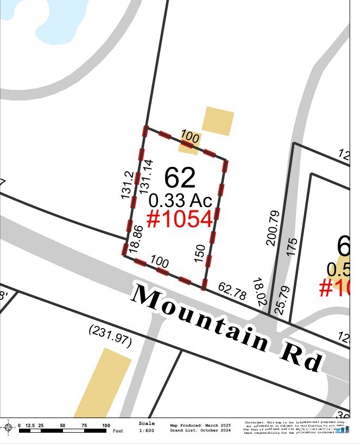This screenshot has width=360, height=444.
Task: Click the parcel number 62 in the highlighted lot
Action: (x=180, y=177)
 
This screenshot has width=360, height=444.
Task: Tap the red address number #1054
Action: (x=179, y=218)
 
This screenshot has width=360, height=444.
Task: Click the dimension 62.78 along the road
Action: (x=232, y=291)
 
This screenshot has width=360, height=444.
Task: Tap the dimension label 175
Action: (x=292, y=247)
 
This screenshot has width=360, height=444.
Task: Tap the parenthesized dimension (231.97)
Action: (x=110, y=334)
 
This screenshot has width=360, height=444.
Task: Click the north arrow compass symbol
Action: (x=8, y=428)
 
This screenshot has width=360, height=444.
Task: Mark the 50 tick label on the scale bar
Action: (x=62, y=426)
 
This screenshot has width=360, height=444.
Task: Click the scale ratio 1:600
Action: (x=146, y=430)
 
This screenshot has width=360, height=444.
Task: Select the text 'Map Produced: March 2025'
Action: (x=200, y=425)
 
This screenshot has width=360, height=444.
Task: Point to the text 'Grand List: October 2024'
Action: (x=200, y=430)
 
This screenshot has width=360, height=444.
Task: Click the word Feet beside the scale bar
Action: (x=117, y=431)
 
